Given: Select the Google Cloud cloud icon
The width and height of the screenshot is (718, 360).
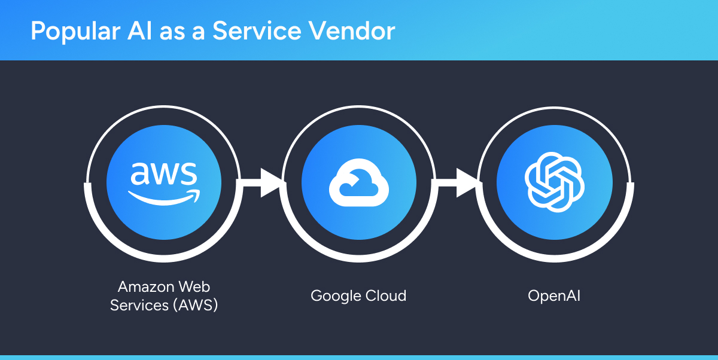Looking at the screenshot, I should pyautogui.click(x=358, y=182).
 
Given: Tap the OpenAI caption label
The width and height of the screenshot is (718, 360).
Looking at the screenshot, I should pyautogui.click(x=554, y=295).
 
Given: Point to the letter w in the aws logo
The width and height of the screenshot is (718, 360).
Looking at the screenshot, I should pyautogui.click(x=163, y=174).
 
